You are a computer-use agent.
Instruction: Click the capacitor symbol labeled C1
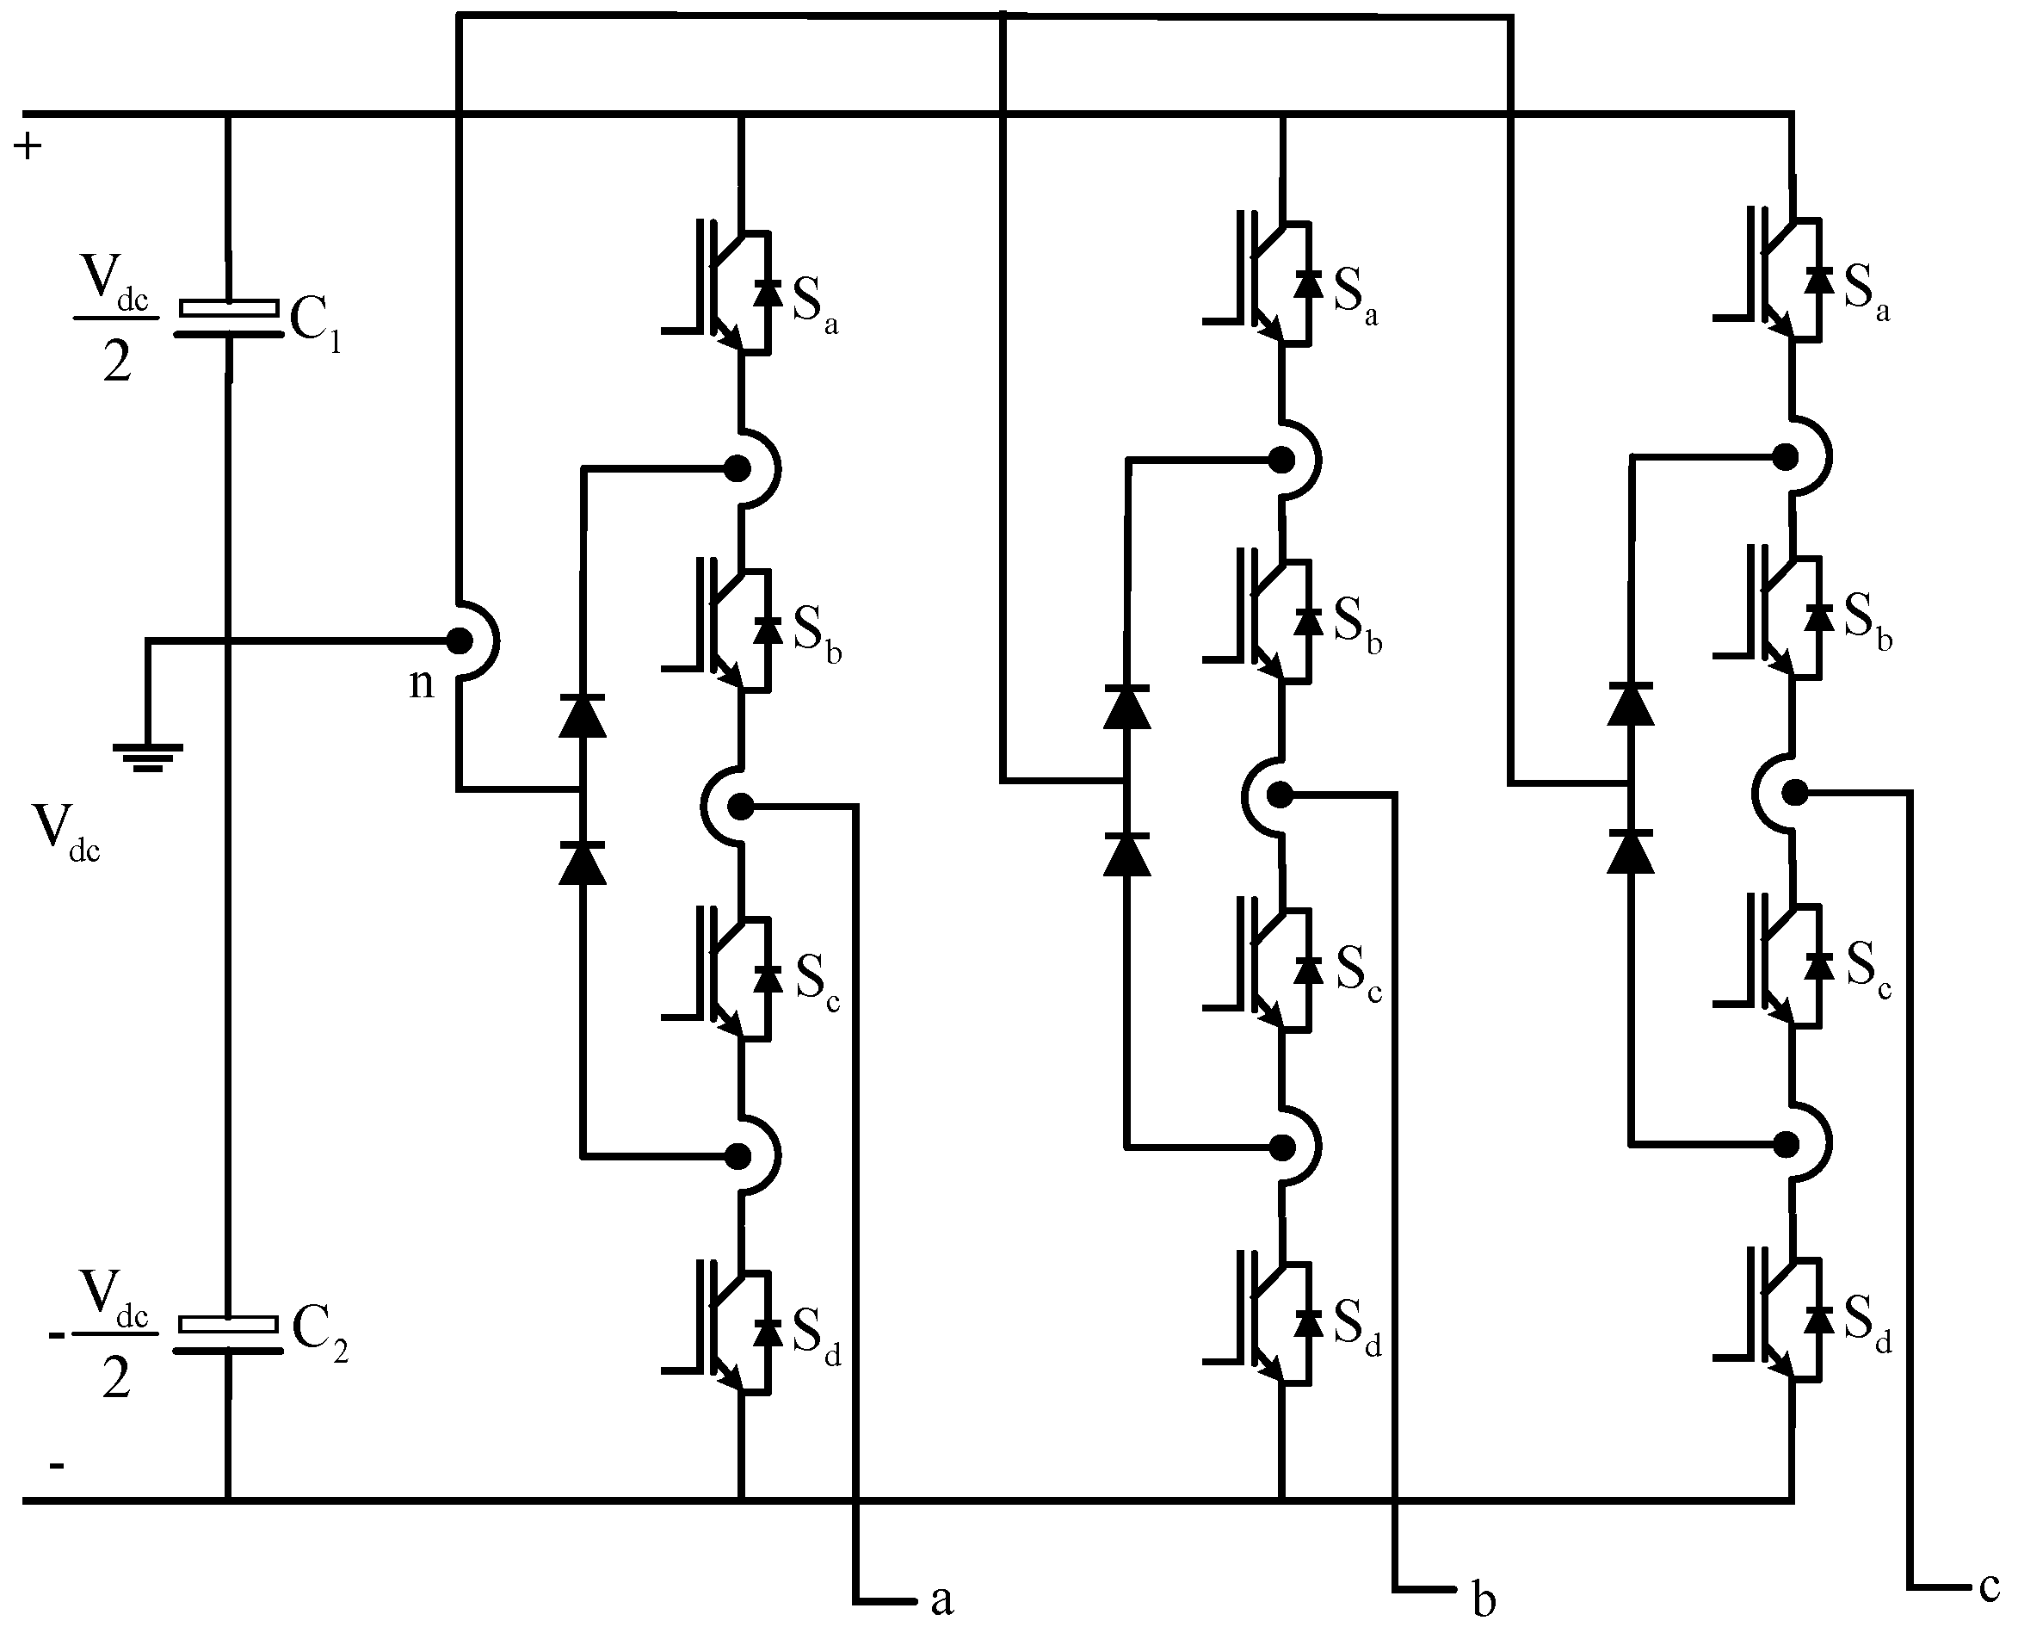click(229, 319)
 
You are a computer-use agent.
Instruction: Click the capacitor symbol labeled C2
click(229, 1336)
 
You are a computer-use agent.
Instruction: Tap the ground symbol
click(148, 757)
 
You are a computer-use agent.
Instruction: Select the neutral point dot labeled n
click(459, 641)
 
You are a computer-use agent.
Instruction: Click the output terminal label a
click(941, 1599)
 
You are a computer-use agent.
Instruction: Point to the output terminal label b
click(1483, 1599)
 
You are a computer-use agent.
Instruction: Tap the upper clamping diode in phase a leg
click(582, 717)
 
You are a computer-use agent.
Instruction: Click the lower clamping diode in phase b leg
click(1126, 854)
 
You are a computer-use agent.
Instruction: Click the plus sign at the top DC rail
click(28, 145)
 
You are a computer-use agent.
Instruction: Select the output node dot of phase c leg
click(1794, 793)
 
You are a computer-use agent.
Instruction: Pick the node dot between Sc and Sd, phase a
click(738, 1155)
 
